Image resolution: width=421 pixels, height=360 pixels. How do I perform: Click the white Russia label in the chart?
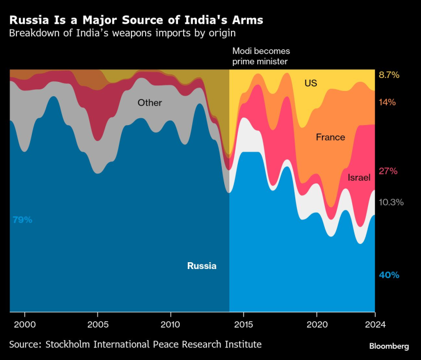point(202,266)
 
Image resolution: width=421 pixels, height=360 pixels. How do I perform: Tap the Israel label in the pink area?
point(359,177)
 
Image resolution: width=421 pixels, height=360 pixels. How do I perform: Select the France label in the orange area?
point(331,137)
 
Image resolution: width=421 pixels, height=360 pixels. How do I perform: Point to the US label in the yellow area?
point(311,83)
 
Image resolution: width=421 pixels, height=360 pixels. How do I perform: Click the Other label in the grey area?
point(150,103)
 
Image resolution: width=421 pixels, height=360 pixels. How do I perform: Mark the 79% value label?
point(22,220)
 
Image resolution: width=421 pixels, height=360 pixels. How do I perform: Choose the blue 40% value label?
point(389,275)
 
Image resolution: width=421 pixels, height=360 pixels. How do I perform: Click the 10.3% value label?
point(391,202)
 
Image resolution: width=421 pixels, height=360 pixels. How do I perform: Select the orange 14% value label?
point(387,102)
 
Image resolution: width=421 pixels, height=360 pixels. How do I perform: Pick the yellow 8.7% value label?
point(389,75)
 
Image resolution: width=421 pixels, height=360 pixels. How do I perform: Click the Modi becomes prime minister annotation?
point(261,56)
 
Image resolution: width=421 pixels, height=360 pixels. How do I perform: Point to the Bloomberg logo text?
point(389,346)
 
